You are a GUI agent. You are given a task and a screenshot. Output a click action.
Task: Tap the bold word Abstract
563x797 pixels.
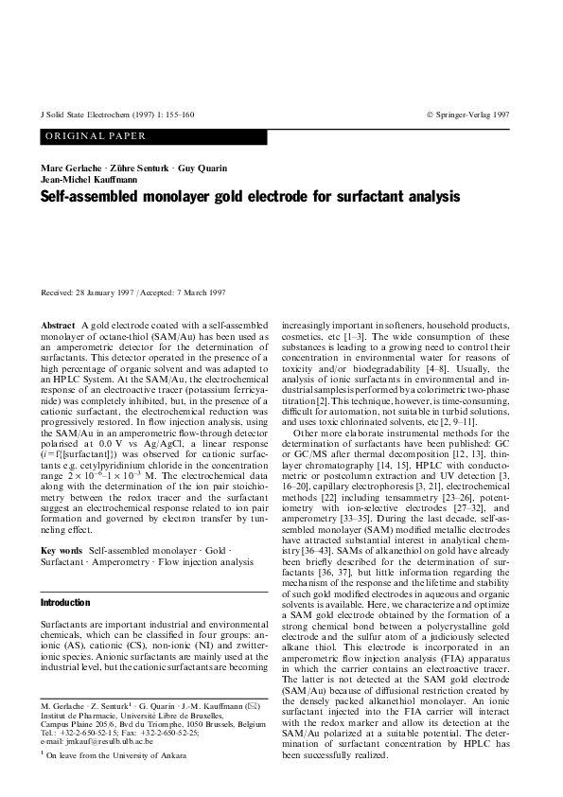pyautogui.click(x=58, y=326)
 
